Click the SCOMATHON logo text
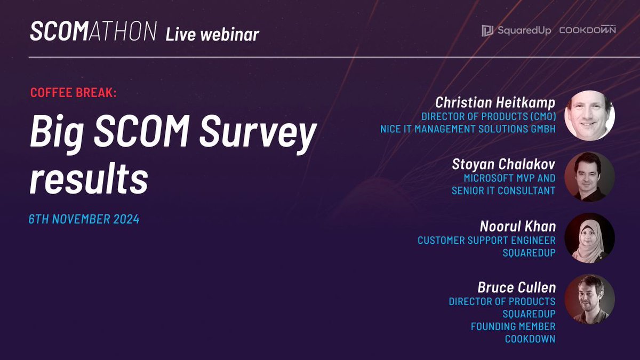[93, 32]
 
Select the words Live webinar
[212, 34]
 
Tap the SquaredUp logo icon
[487, 31]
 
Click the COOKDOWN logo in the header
[587, 30]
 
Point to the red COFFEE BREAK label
[73, 92]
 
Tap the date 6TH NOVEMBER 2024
[84, 219]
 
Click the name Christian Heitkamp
[494, 102]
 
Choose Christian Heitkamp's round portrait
[589, 115]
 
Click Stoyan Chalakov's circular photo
[589, 177]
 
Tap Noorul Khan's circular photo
[589, 238]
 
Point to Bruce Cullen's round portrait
[589, 299]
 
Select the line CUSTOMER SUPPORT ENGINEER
[486, 240]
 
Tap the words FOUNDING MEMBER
[513, 326]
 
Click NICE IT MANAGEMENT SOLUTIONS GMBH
[467, 129]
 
